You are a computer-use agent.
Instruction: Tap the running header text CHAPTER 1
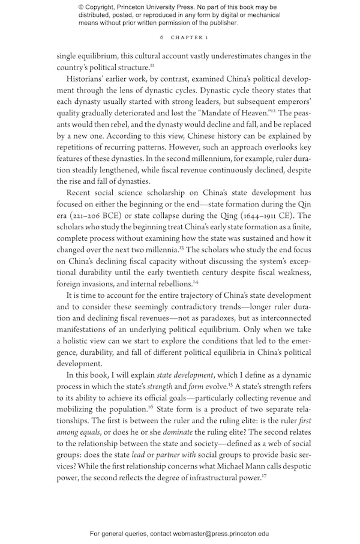(x=189, y=37)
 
